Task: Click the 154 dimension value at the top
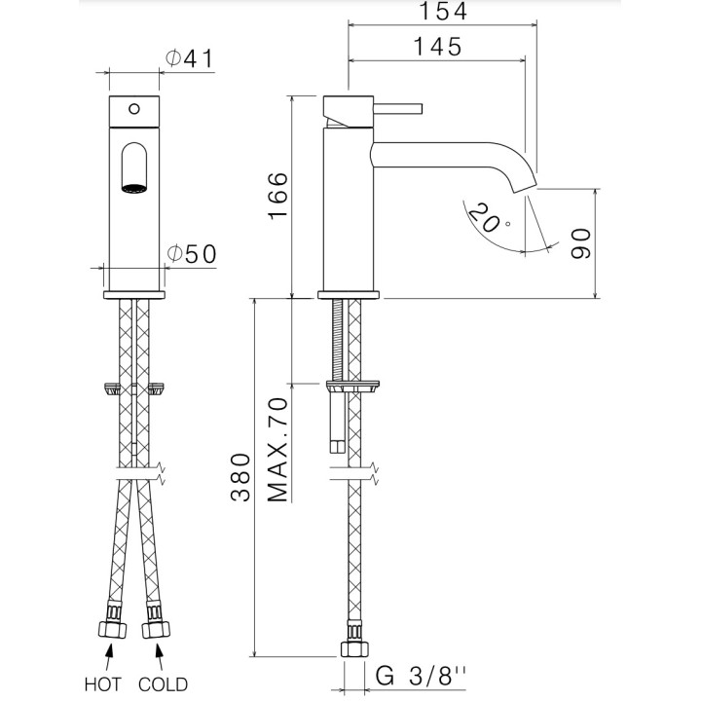441,13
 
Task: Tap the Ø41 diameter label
190,58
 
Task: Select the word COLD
164,683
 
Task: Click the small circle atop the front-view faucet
133,107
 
